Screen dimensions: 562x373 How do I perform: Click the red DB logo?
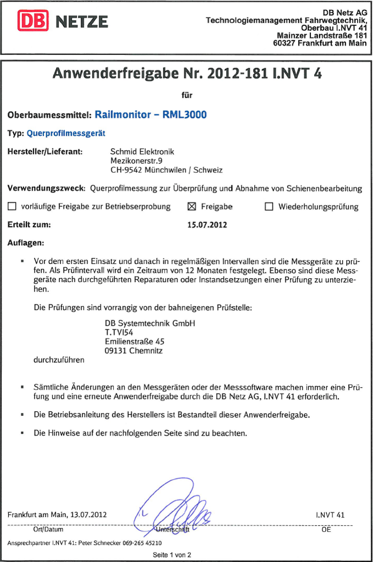point(34,21)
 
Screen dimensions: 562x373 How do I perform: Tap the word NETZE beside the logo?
point(82,22)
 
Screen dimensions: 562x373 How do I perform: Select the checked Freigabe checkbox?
point(192,207)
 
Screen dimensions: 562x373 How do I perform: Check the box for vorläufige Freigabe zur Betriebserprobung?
point(12,207)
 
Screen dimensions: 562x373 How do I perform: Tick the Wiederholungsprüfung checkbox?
point(269,207)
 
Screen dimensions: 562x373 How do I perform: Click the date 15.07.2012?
point(207,224)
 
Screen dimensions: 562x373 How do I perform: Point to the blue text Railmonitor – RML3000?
point(151,115)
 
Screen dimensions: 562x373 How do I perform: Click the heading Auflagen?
point(26,242)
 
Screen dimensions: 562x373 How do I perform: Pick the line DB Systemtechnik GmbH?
point(150,323)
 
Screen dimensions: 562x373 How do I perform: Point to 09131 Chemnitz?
point(134,350)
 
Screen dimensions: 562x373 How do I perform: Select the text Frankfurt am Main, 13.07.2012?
point(57,515)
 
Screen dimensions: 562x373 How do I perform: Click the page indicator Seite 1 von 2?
point(172,554)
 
